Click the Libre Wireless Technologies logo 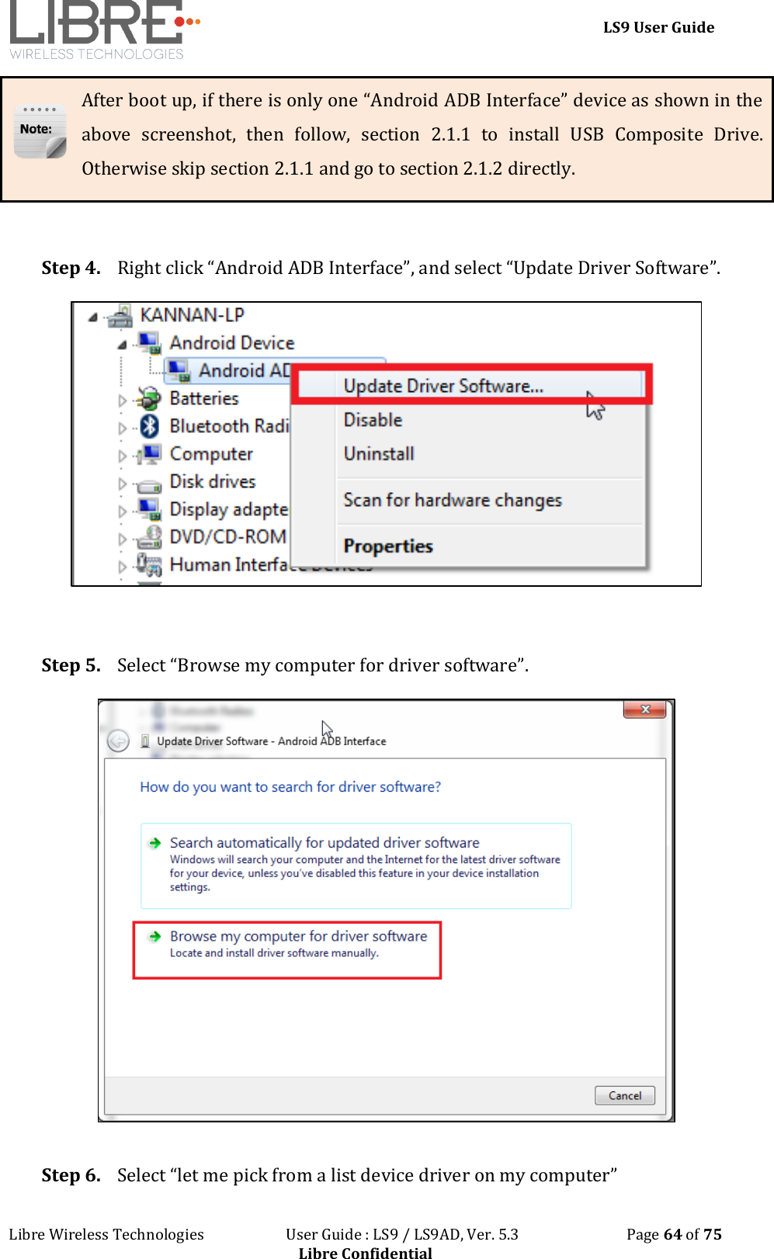click(x=101, y=29)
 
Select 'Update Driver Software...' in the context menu click(x=443, y=386)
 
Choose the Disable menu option click(x=373, y=420)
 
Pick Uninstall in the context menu click(x=379, y=454)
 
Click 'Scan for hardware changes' click(x=453, y=501)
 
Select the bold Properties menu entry click(x=388, y=546)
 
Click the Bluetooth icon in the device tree click(x=150, y=426)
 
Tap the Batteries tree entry click(x=204, y=398)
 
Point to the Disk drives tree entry click(x=212, y=482)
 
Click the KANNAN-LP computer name click(x=192, y=315)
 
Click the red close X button click(x=644, y=709)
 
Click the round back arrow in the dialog click(x=118, y=741)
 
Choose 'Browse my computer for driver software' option click(x=298, y=937)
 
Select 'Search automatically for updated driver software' click(x=325, y=843)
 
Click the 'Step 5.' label click(x=71, y=665)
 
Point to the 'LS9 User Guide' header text click(x=658, y=27)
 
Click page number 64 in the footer click(x=672, y=1234)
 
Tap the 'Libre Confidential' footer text click(x=365, y=1252)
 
